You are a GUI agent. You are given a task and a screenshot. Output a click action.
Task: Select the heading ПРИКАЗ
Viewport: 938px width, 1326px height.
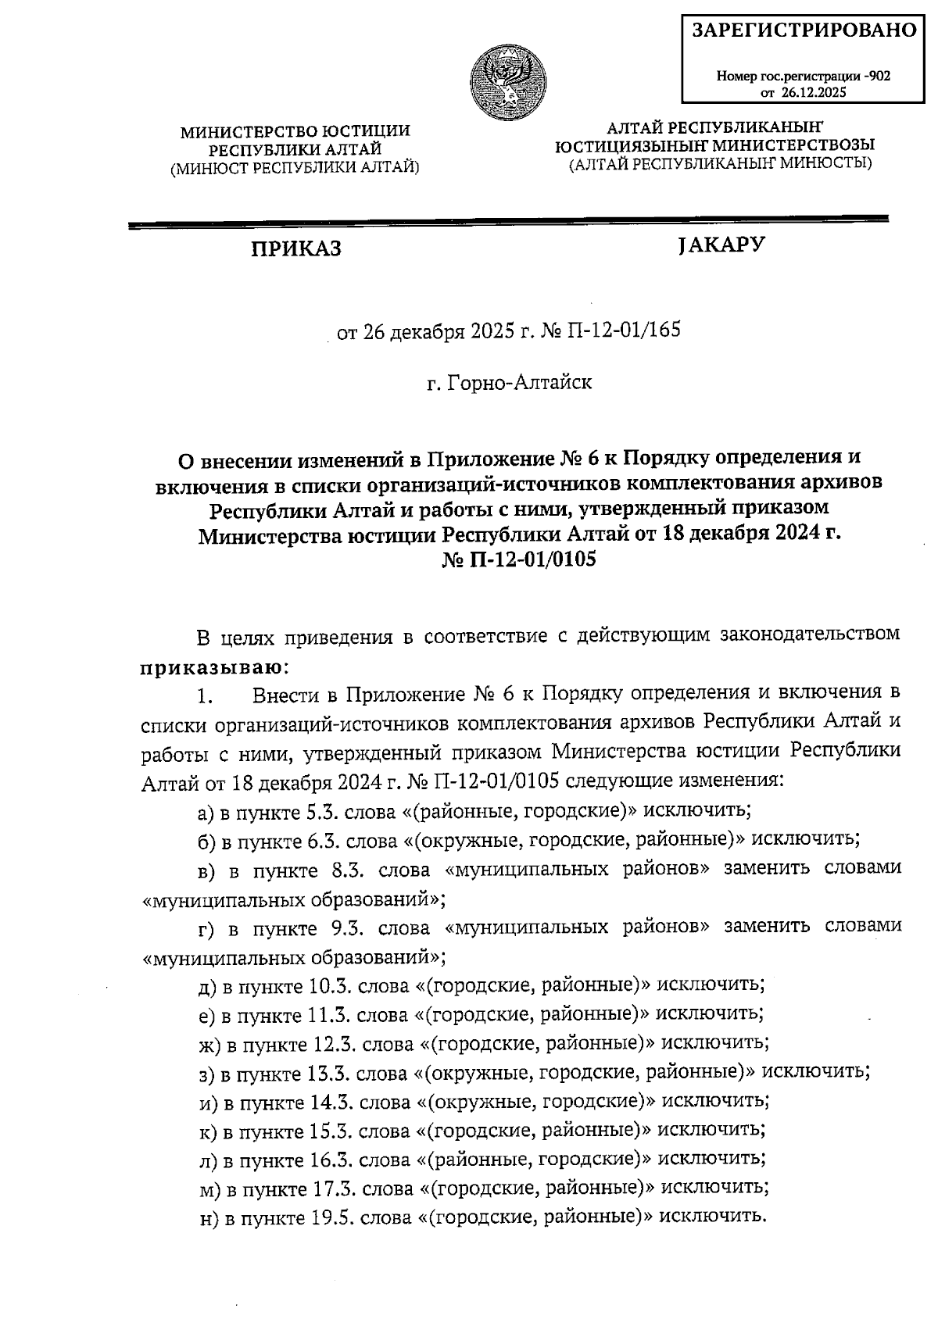click(x=295, y=249)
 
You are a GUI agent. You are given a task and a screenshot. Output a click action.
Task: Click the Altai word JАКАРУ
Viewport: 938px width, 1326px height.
click(x=721, y=245)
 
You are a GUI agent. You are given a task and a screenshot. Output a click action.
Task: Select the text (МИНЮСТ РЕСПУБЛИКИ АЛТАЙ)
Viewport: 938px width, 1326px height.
click(x=295, y=166)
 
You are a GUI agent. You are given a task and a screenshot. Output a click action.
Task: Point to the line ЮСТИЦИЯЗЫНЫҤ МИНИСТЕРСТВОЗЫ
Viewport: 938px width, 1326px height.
click(x=714, y=145)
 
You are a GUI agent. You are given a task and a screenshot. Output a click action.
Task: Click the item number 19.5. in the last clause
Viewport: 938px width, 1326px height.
click(x=332, y=1217)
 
